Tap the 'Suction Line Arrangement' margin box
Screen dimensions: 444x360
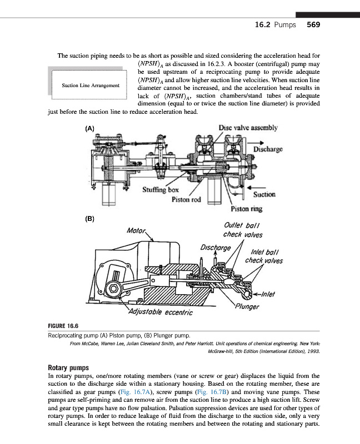click(x=91, y=85)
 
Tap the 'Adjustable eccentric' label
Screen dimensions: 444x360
click(x=161, y=312)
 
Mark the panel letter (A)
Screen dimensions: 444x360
click(x=89, y=128)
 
